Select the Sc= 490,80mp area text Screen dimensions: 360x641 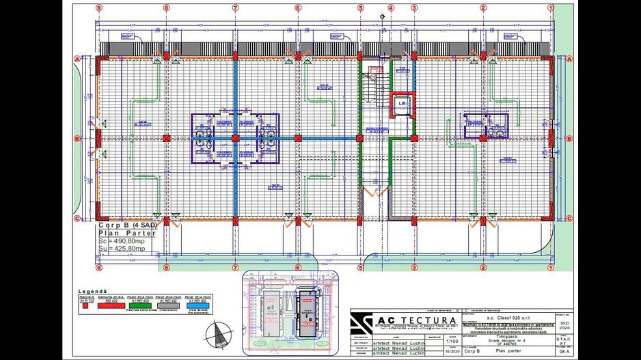pyautogui.click(x=123, y=241)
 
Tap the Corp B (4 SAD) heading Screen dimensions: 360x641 pyautogui.click(x=127, y=225)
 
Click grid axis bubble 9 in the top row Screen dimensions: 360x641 pyautogui.click(x=99, y=8)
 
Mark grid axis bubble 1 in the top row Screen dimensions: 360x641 pyautogui.click(x=550, y=8)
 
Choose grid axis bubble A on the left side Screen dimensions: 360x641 pyautogui.click(x=77, y=59)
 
